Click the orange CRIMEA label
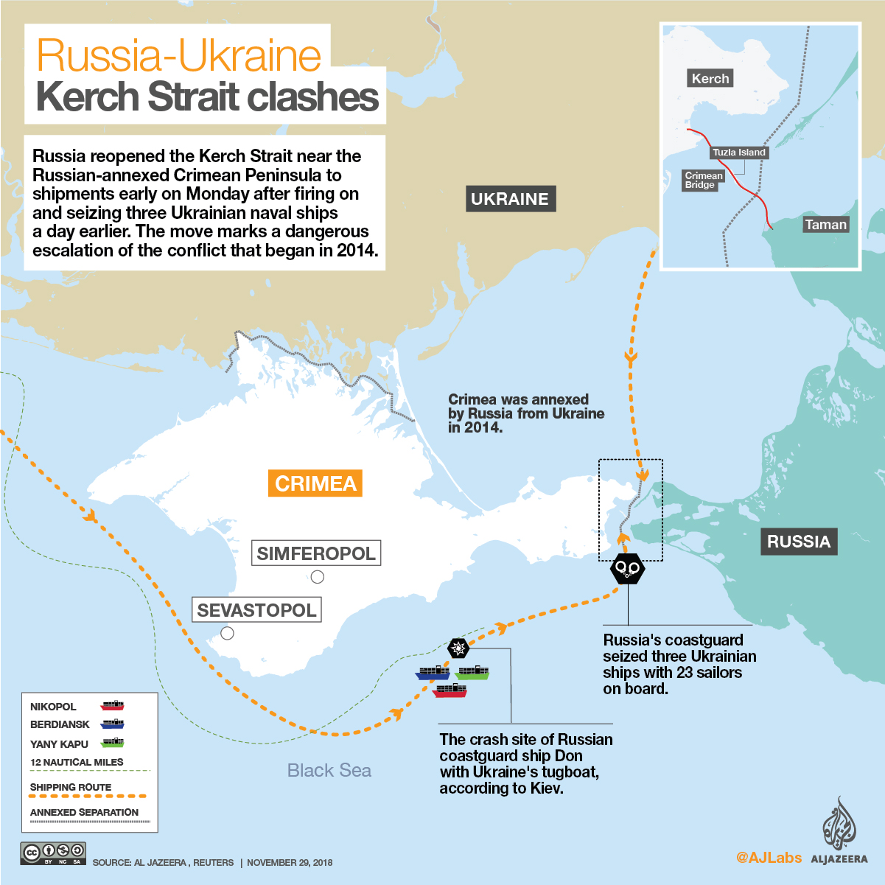click(315, 483)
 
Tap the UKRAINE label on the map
click(509, 199)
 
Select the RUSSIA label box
click(798, 542)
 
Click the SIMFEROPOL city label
click(316, 553)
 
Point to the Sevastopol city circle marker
click(228, 633)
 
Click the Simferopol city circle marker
click(318, 577)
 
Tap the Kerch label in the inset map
click(710, 79)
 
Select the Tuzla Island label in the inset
click(739, 153)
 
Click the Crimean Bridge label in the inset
click(704, 181)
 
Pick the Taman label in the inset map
click(825, 225)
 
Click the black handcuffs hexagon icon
click(628, 568)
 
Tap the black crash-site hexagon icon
click(458, 648)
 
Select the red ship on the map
click(450, 690)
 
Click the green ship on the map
click(472, 672)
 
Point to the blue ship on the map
click(433, 673)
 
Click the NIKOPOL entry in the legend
click(53, 707)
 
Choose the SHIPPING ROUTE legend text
click(71, 787)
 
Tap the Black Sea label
click(329, 771)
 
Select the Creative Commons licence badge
click(54, 853)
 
